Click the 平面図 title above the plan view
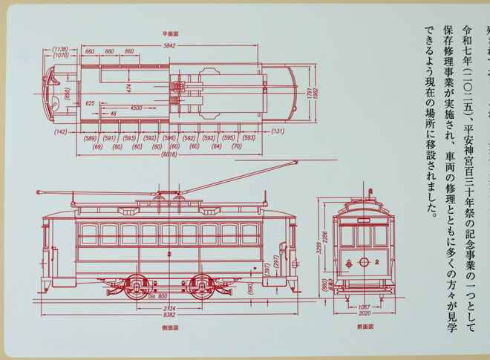click(x=170, y=34)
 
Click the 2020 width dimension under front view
click(x=364, y=313)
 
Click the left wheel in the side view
click(x=136, y=284)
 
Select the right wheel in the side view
click(x=203, y=284)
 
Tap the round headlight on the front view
click(x=364, y=261)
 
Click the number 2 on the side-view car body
click(x=169, y=255)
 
